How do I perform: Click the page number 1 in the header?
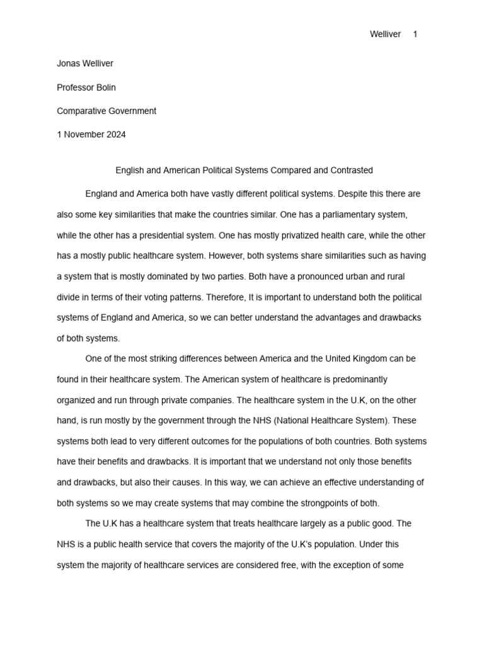(x=415, y=35)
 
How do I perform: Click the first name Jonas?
(x=69, y=64)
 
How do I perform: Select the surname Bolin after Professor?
(x=105, y=88)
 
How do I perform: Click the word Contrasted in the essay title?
(x=353, y=170)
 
